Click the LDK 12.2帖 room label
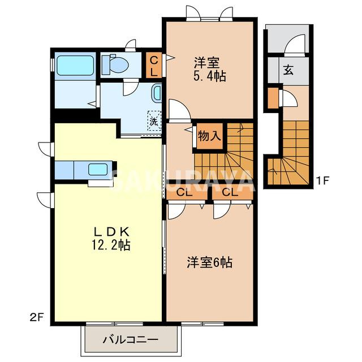(x=111, y=239)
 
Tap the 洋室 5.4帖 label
(x=209, y=69)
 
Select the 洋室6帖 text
(x=210, y=262)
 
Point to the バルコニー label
(x=131, y=339)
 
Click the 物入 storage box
(x=210, y=136)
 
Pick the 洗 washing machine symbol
(x=154, y=120)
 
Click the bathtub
(x=75, y=66)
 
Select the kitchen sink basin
(x=98, y=169)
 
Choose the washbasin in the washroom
(x=157, y=93)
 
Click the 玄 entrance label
(x=288, y=70)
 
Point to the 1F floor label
(x=322, y=180)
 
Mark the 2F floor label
(x=37, y=318)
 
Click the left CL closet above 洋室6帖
(x=187, y=192)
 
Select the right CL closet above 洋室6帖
(x=232, y=192)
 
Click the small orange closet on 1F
(x=273, y=98)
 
